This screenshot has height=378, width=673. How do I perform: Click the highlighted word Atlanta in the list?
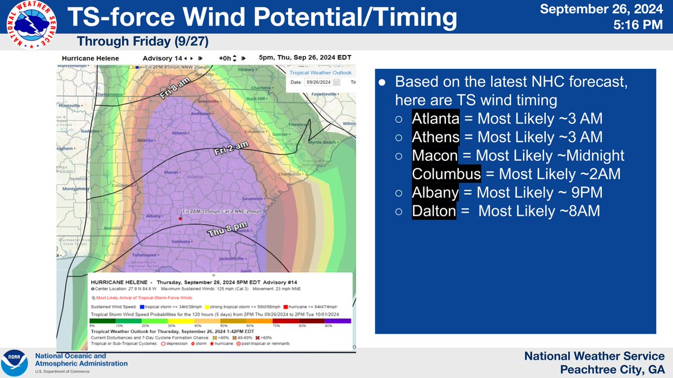point(436,119)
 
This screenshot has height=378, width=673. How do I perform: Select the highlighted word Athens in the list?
point(435,137)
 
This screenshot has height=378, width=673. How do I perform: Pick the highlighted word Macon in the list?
point(435,156)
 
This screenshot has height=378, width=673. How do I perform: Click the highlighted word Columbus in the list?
point(446,174)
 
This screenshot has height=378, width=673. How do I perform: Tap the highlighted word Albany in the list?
point(435,193)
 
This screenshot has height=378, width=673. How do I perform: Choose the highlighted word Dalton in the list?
point(434,211)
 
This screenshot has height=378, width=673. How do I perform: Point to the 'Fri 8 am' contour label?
point(176,89)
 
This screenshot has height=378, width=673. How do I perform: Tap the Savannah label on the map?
point(252,199)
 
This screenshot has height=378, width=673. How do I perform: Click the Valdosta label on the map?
point(181,241)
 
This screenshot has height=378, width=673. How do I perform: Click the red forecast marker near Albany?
point(180,219)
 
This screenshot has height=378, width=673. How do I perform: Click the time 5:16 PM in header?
point(643,26)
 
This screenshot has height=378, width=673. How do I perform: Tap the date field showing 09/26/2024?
point(318,82)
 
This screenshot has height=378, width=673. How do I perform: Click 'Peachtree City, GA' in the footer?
point(612,369)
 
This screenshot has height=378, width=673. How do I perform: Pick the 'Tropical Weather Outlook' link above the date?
point(320,73)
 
